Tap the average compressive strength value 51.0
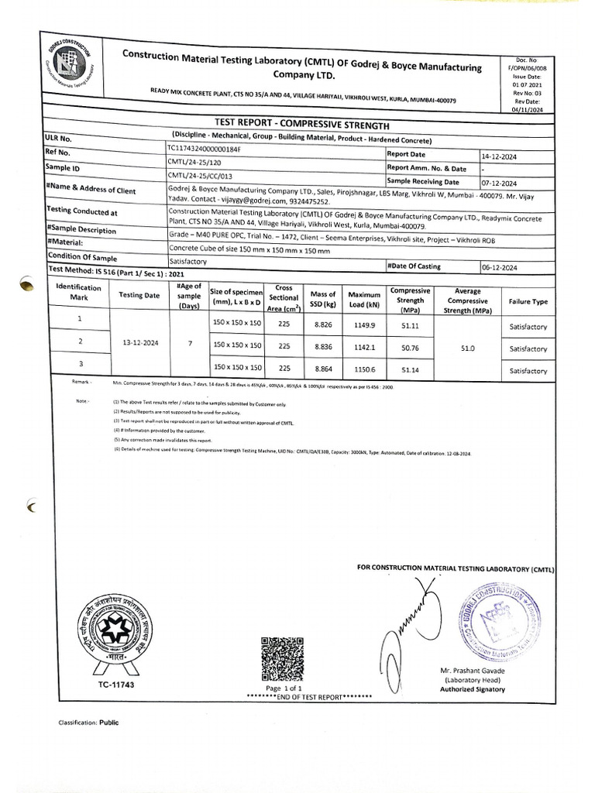[x=468, y=348]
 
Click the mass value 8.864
[x=322, y=371]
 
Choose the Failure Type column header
[x=528, y=301]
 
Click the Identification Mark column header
[x=79, y=295]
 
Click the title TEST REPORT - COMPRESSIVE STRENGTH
[x=301, y=125]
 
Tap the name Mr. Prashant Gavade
[x=472, y=670]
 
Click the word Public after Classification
[x=109, y=722]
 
